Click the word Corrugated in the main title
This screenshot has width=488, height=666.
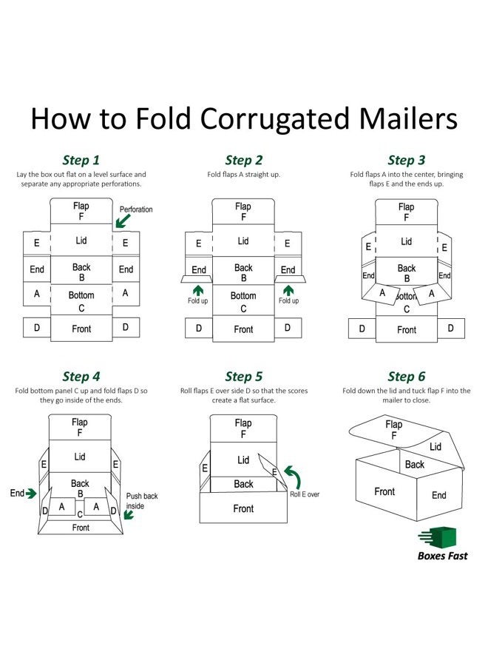274,118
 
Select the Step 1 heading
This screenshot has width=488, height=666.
81,160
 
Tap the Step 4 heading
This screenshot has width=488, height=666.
81,377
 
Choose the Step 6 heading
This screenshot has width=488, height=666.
406,377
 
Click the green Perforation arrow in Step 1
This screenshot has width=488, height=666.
123,221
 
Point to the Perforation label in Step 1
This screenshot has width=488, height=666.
136,209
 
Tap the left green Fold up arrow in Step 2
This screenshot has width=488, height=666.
197,291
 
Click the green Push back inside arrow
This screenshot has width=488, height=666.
129,515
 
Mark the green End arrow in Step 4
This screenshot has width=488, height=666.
31,494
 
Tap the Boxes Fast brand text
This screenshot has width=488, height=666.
442,556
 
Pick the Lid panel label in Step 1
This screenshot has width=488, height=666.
81,240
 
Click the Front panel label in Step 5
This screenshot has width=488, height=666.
243,508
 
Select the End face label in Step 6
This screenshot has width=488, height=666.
438,495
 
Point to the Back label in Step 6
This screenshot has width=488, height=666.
415,464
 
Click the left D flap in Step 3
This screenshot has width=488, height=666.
362,329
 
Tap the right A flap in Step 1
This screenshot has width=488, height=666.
126,293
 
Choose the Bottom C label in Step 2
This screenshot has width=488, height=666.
243,302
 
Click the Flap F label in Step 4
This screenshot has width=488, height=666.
80,427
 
